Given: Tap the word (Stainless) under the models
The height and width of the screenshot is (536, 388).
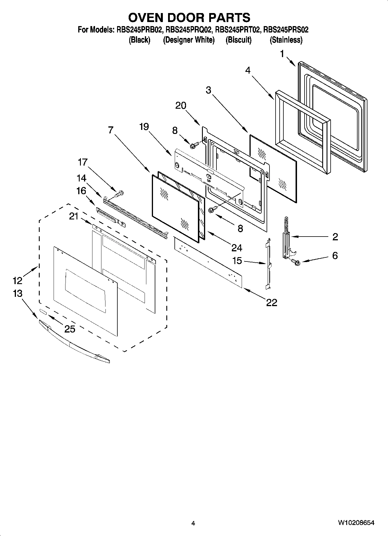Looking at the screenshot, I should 286,40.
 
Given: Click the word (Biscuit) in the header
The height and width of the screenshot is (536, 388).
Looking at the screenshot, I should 238,40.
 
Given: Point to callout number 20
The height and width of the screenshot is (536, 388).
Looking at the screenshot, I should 181,106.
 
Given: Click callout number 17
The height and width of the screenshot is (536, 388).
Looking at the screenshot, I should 83,162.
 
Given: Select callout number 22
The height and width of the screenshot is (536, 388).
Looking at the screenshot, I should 272,303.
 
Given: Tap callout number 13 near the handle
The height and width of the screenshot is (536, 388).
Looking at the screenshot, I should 18,293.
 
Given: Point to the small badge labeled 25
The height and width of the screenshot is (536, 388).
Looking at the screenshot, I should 43,312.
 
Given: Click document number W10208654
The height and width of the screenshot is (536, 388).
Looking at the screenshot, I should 356,523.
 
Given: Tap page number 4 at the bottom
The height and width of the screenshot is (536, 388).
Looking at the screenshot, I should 193,523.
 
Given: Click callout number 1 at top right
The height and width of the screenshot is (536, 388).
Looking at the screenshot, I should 282,54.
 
